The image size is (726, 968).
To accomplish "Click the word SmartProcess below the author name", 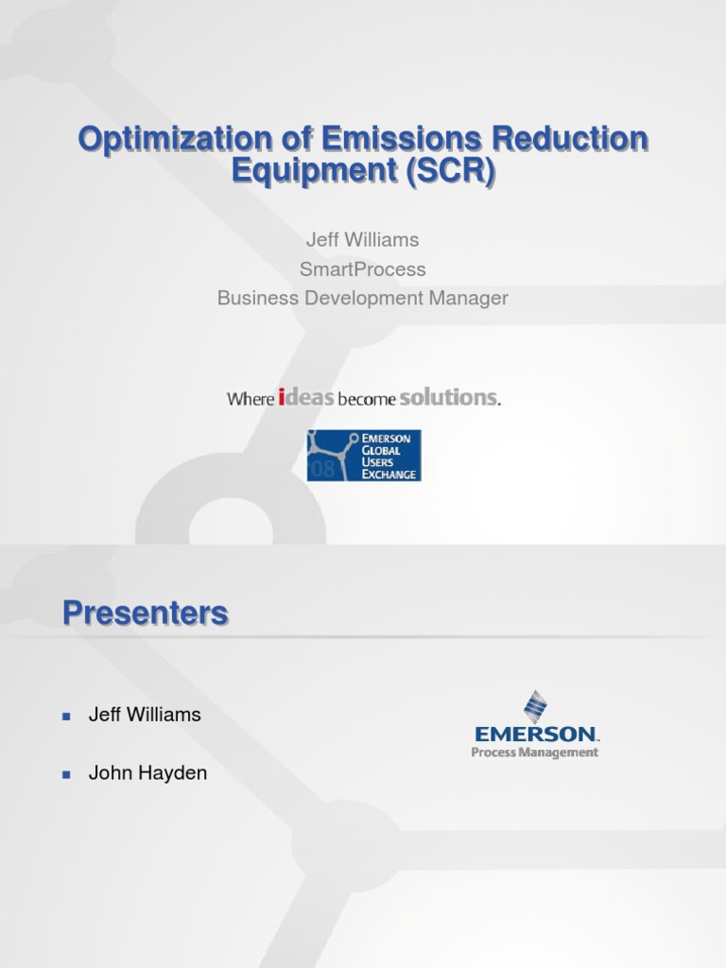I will pyautogui.click(x=363, y=269).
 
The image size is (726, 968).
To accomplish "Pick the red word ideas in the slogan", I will pyautogui.click(x=306, y=398).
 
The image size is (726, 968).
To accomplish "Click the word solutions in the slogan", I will pyautogui.click(x=448, y=398).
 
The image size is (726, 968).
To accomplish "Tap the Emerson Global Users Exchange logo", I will pyautogui.click(x=364, y=456).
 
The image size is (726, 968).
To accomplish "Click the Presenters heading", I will pyautogui.click(x=146, y=614).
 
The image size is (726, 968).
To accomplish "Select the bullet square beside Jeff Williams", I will pyautogui.click(x=66, y=716).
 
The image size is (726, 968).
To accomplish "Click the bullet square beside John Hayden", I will pyautogui.click(x=66, y=774).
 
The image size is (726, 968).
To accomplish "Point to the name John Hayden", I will pyautogui.click(x=147, y=773).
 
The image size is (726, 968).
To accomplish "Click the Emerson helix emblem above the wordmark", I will pyautogui.click(x=536, y=706).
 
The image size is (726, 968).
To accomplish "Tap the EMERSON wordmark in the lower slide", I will pyautogui.click(x=536, y=734).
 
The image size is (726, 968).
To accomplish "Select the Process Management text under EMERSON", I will pyautogui.click(x=535, y=752).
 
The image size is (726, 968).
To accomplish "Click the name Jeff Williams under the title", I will pyautogui.click(x=363, y=240).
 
